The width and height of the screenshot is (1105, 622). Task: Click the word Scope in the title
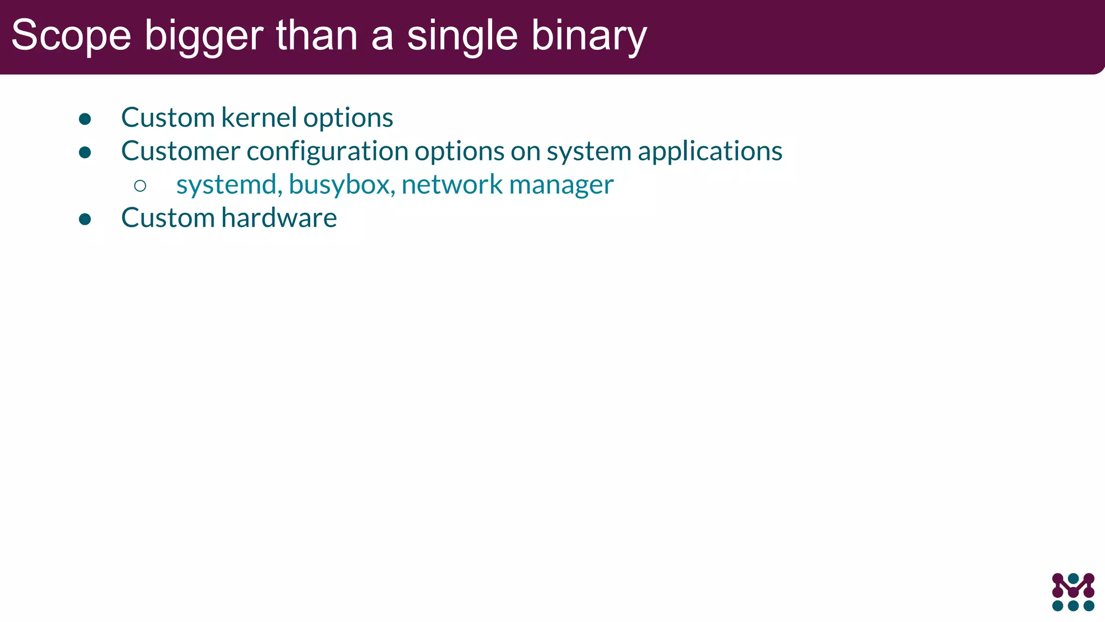point(71,36)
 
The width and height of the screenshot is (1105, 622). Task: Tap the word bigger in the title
point(204,37)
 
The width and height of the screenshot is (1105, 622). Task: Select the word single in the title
point(462,37)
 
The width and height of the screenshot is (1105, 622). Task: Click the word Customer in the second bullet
point(180,151)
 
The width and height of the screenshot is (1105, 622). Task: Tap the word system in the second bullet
point(589,152)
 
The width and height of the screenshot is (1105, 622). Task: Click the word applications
point(710,152)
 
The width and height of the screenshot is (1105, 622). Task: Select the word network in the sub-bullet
point(452,185)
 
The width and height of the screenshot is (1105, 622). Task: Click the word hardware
point(279,218)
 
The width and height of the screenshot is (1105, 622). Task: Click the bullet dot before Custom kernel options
point(85,119)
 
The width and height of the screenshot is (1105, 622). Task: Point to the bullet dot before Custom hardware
point(85,219)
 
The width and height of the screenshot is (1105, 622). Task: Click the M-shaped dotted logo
point(1073,592)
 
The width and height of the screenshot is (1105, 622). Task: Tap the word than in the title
point(317,36)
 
